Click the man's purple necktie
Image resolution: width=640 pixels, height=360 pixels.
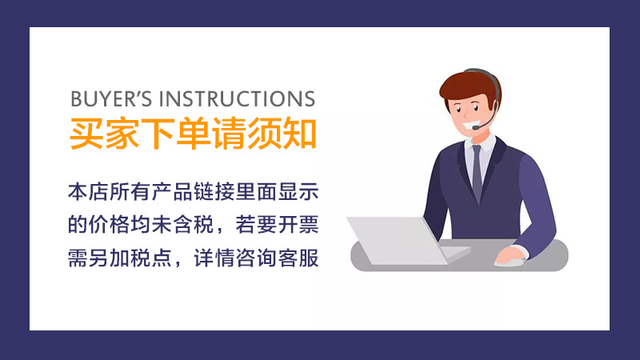coord(477,172)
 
